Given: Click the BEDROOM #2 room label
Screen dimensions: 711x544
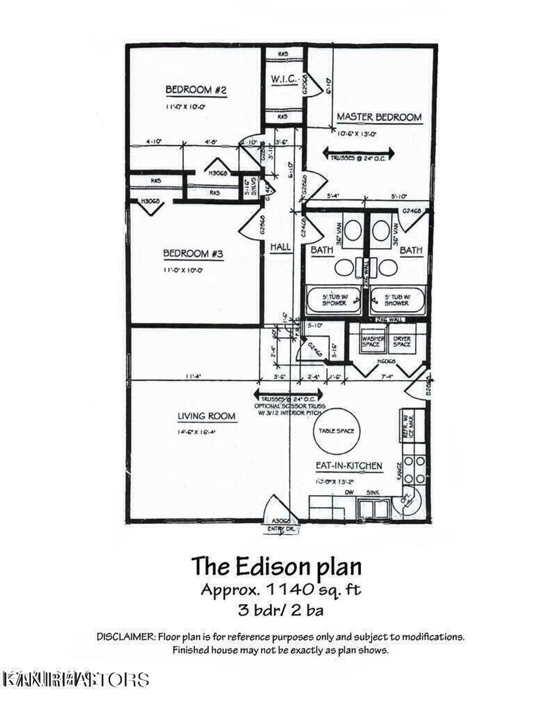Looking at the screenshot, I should pyautogui.click(x=196, y=90).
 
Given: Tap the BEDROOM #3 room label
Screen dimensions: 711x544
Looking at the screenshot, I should pyautogui.click(x=193, y=254).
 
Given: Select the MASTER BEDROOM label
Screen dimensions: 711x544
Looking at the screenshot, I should pyautogui.click(x=379, y=117).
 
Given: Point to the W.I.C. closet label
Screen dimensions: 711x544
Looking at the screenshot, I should pyautogui.click(x=283, y=79).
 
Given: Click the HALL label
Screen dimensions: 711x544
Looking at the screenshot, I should pyautogui.click(x=280, y=247).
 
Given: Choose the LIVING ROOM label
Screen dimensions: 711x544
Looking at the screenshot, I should pyautogui.click(x=206, y=416).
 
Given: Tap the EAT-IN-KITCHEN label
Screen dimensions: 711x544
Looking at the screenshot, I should pyautogui.click(x=348, y=466).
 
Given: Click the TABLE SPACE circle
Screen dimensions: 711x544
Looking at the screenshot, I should pyautogui.click(x=336, y=431).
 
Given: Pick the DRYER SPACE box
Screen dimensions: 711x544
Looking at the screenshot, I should pyautogui.click(x=402, y=341).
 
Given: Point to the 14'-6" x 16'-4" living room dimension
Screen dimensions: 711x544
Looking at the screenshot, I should pyautogui.click(x=197, y=432).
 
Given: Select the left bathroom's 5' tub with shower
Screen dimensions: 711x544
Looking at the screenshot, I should pyautogui.click(x=334, y=301).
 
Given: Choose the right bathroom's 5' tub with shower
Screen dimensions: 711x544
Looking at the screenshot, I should pyautogui.click(x=397, y=301).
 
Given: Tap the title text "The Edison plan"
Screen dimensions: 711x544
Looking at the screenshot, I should pyautogui.click(x=276, y=566).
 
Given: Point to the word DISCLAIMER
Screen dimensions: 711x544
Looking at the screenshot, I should pyautogui.click(x=126, y=637).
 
